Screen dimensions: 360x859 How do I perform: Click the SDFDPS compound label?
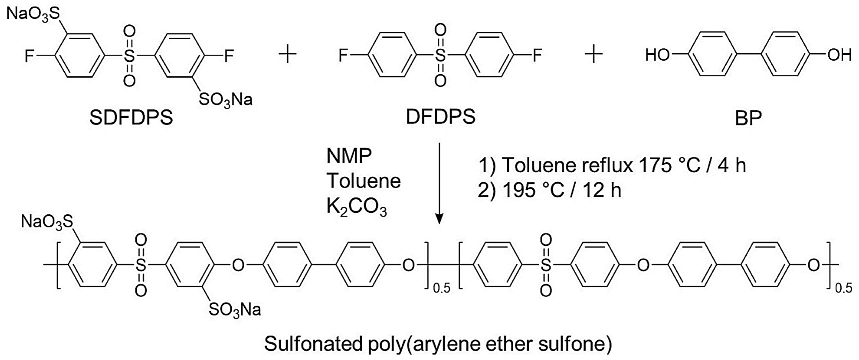[x=131, y=117]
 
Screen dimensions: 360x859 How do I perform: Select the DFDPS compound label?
[x=440, y=117]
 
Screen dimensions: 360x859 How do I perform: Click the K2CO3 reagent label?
[x=356, y=207]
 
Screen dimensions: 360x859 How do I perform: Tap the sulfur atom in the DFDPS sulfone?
[x=440, y=55]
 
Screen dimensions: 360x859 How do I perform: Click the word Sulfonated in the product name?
[x=313, y=344]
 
